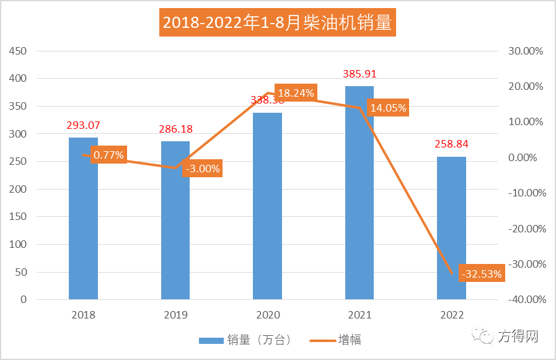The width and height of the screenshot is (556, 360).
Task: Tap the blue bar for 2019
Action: click(175, 235)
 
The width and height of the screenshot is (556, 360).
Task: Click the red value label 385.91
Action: click(360, 74)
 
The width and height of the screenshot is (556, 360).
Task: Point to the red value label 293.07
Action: click(83, 126)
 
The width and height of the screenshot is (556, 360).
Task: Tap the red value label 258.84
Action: click(451, 144)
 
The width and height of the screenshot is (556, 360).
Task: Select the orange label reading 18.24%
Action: click(296, 94)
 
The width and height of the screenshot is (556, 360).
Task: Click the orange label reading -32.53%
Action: click(481, 273)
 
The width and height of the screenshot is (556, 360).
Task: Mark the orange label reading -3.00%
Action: click(202, 168)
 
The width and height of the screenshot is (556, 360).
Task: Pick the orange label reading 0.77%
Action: click(108, 155)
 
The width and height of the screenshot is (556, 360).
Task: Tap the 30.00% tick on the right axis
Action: click(526, 51)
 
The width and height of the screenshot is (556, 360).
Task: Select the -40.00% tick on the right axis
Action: click(526, 300)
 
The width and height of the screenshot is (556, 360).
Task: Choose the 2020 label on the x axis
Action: click(268, 315)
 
